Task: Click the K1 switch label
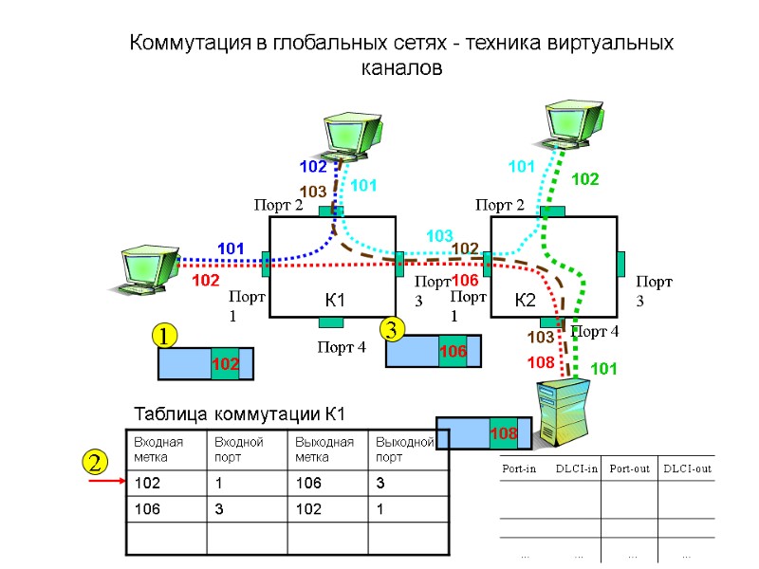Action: click(x=334, y=302)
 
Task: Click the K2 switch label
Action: click(x=526, y=302)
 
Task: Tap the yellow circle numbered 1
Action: click(x=166, y=336)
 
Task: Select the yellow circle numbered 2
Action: click(x=94, y=464)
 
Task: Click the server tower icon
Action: click(x=563, y=411)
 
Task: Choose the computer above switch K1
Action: click(x=351, y=136)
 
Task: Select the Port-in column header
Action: click(x=518, y=468)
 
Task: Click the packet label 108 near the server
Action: click(x=503, y=433)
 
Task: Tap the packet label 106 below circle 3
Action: click(x=453, y=352)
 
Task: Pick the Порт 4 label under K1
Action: click(x=339, y=347)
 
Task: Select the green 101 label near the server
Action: click(x=604, y=368)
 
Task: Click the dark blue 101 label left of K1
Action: click(x=231, y=248)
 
